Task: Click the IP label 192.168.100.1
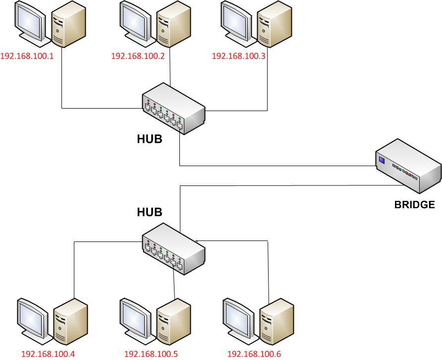pyautogui.click(x=27, y=56)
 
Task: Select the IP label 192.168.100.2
pyautogui.click(x=138, y=56)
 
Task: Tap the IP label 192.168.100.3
pyautogui.click(x=238, y=56)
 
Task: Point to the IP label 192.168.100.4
pyautogui.click(x=48, y=354)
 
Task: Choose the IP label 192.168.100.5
pyautogui.click(x=151, y=354)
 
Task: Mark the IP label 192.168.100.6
pyautogui.click(x=254, y=354)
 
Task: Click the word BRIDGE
pyautogui.click(x=414, y=204)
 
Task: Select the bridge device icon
pyautogui.click(x=408, y=166)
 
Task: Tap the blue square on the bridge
pyautogui.click(x=382, y=160)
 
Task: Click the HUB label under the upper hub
pyautogui.click(x=149, y=139)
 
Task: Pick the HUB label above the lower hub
pyautogui.click(x=149, y=212)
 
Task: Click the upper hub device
pyautogui.click(x=173, y=108)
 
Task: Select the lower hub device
pyautogui.click(x=173, y=248)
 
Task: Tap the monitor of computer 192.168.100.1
pyautogui.click(x=29, y=21)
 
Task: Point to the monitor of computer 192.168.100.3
pyautogui.click(x=235, y=21)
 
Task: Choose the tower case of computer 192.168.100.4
pyautogui.click(x=70, y=321)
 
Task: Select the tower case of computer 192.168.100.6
pyautogui.click(x=276, y=321)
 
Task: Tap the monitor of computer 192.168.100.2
pyautogui.click(x=134, y=21)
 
